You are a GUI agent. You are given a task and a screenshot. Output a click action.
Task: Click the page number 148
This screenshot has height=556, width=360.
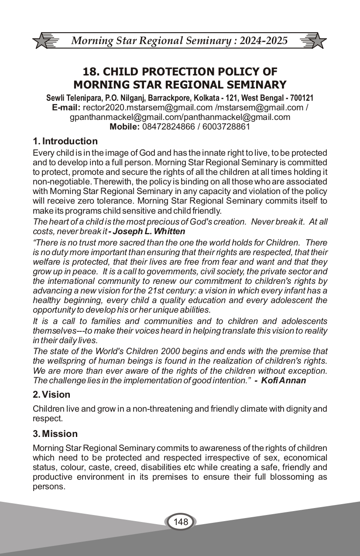click(180, 522)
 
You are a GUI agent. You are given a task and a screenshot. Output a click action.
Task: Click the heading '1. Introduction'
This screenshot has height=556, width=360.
click(65, 141)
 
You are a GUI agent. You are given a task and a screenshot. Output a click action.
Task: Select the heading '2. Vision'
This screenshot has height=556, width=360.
click(51, 395)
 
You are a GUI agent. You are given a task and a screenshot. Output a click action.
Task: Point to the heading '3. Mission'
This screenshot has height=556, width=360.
click(55, 434)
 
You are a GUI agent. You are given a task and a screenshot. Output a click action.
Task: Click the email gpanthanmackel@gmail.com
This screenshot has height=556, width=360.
click(125, 117)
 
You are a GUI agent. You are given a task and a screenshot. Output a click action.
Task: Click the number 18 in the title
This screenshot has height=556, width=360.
click(90, 72)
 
